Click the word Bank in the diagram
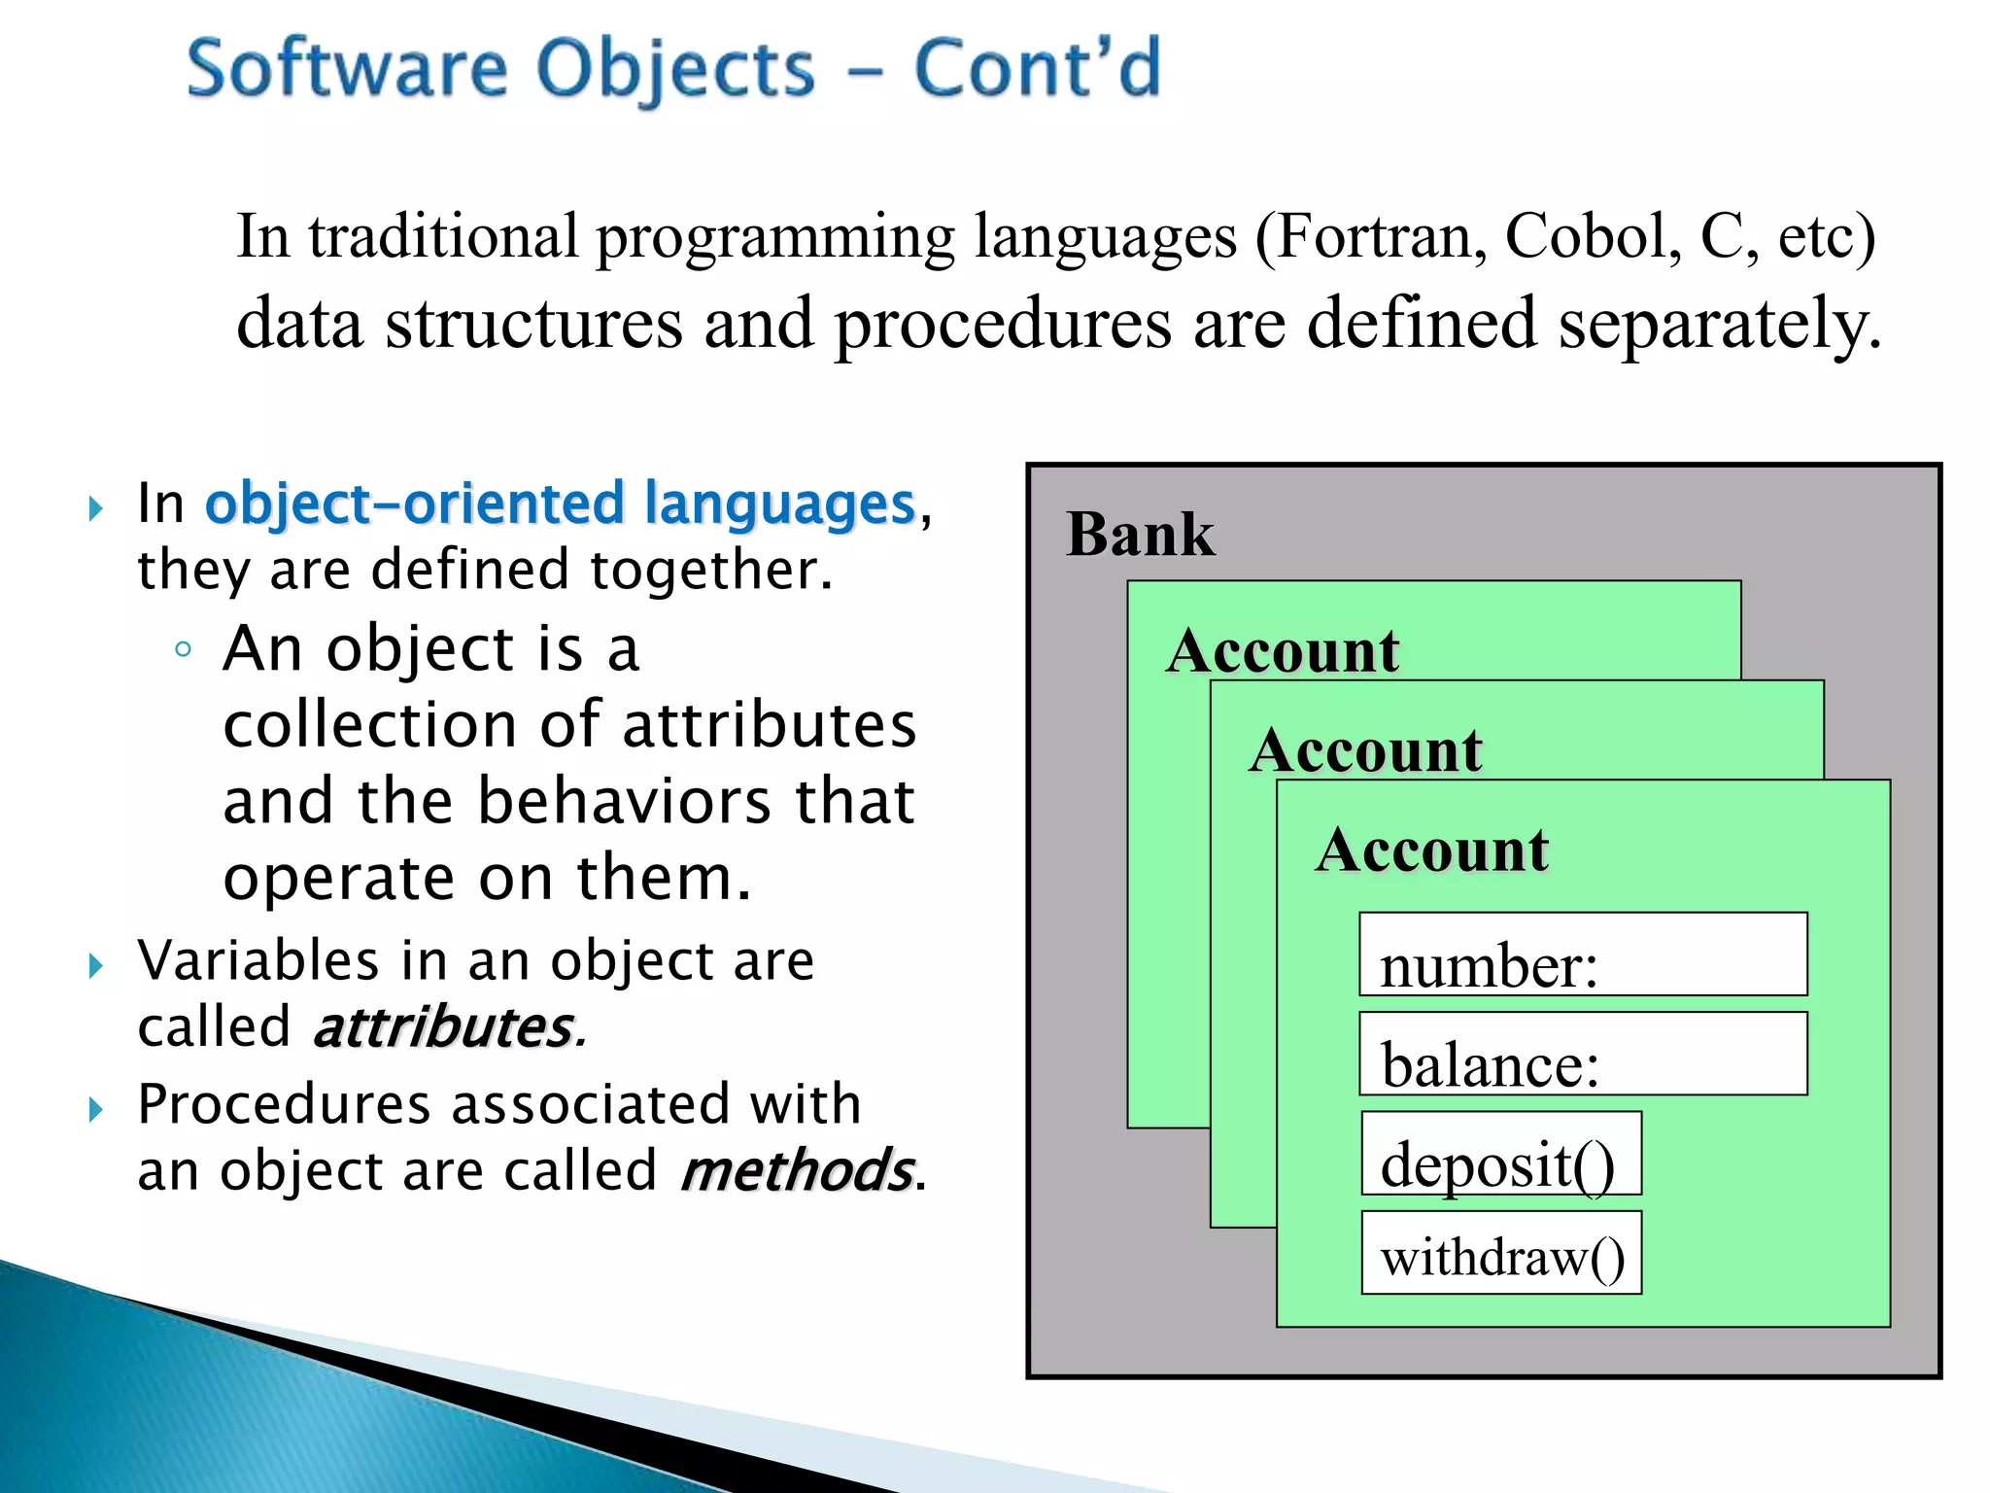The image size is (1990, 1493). [x=1140, y=535]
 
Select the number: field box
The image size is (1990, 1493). [x=1583, y=955]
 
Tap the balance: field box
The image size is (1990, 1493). [x=1583, y=1055]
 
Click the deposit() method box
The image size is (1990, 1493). [x=1501, y=1154]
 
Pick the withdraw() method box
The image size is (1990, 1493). [x=1501, y=1253]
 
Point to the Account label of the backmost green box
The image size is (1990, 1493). [x=1283, y=650]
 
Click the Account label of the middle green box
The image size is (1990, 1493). [x=1366, y=750]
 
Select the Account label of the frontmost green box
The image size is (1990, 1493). [x=1432, y=851]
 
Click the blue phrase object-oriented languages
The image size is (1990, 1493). [x=561, y=504]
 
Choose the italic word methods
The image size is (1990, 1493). [x=797, y=1170]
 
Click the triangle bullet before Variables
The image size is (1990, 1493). [x=95, y=965]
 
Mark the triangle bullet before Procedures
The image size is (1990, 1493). [x=95, y=1109]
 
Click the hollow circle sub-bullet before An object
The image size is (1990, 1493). [x=183, y=650]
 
